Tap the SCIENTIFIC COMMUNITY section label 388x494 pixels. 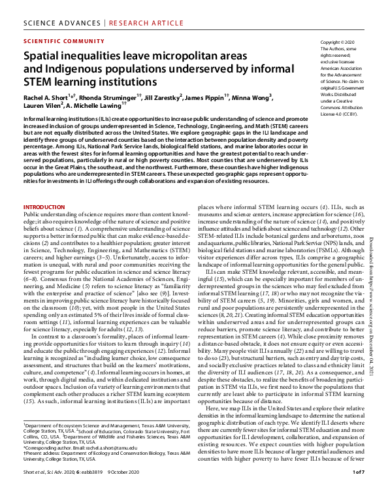[56, 40]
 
